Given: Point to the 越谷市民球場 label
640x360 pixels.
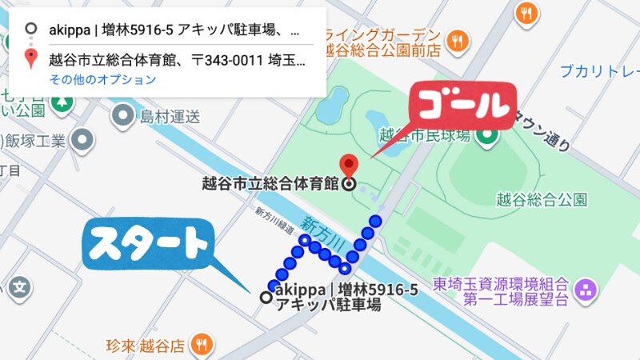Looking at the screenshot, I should (x=431, y=136).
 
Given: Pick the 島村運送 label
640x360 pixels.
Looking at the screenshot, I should (x=169, y=118).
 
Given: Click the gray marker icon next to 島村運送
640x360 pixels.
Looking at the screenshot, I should (x=122, y=117).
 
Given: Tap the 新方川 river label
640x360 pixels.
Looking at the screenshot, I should (x=323, y=232).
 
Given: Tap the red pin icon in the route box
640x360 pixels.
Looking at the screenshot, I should (x=31, y=58).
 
